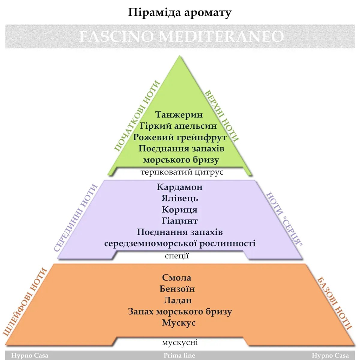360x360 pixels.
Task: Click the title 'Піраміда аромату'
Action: coord(180,13)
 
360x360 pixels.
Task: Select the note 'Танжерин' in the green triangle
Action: coord(180,115)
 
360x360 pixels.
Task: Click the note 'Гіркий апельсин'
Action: coord(180,126)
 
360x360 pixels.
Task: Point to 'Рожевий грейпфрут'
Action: coord(180,137)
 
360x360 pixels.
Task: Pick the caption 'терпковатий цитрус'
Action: coord(182,173)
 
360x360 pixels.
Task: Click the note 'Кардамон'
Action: coord(180,187)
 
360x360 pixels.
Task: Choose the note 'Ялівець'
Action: coord(180,198)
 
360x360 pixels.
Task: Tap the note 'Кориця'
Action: coord(180,210)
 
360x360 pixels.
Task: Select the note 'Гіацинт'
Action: coord(180,221)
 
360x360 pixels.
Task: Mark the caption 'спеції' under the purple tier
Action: coord(177,256)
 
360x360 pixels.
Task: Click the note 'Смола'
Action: coord(177,278)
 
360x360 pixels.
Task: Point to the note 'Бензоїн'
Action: coord(177,289)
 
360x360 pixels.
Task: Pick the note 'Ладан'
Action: coord(177,300)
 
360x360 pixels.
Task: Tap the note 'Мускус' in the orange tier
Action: coord(179,323)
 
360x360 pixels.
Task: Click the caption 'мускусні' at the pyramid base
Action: coord(180,342)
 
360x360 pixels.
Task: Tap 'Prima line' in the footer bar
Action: coord(179,355)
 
